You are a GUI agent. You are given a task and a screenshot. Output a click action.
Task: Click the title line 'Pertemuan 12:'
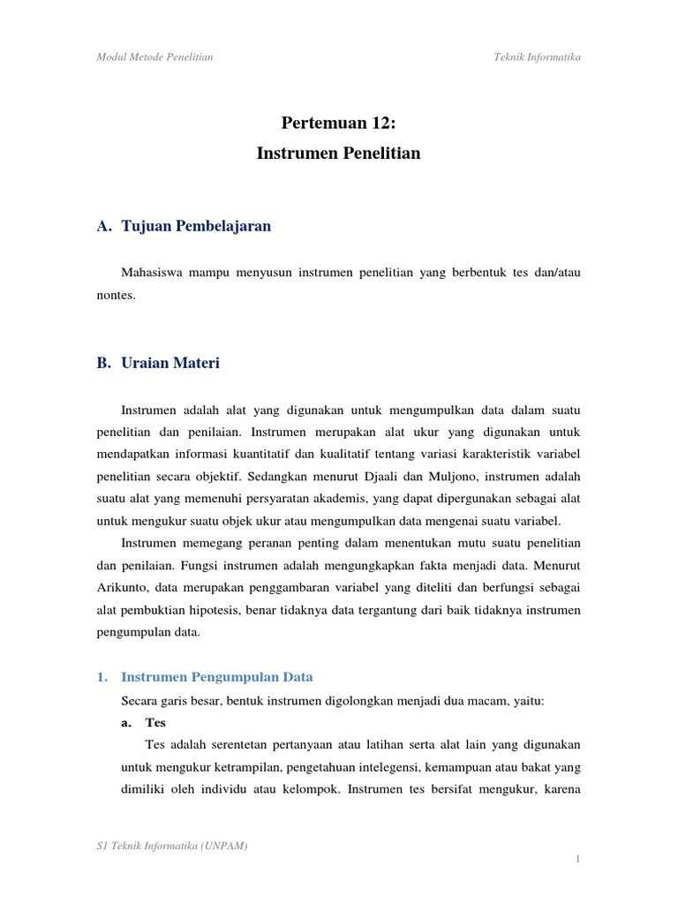pyautogui.click(x=338, y=122)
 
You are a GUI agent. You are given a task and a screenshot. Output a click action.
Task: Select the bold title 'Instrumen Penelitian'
pyautogui.click(x=338, y=154)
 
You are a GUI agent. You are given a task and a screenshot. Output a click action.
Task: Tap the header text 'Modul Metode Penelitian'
pyautogui.click(x=154, y=57)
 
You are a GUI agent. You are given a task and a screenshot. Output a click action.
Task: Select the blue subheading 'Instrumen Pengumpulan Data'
pyautogui.click(x=216, y=677)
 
